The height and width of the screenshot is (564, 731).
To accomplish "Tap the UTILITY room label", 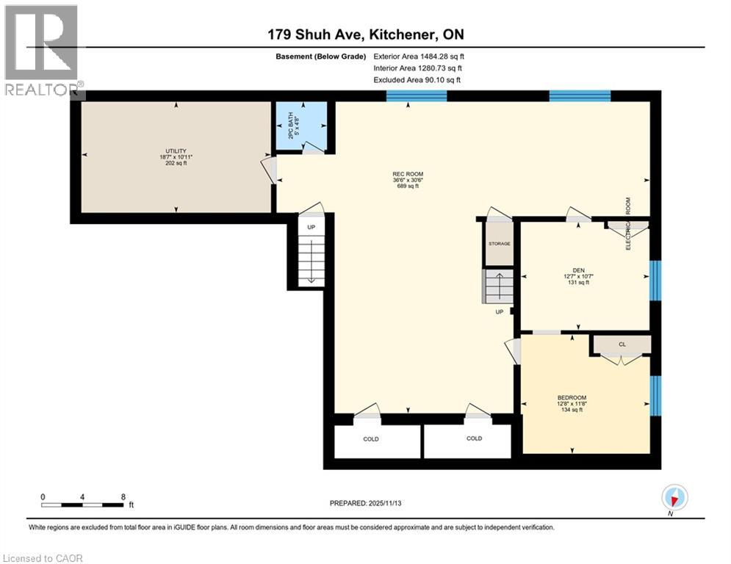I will click(x=176, y=156).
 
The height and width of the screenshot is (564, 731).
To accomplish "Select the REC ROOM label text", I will click(x=408, y=180).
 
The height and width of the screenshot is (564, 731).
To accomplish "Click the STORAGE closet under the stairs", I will click(x=500, y=244).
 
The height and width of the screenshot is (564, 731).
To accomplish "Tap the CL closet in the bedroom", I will click(x=622, y=344).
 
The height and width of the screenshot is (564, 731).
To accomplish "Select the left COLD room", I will click(x=371, y=439).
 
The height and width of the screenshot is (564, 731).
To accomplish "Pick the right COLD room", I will click(x=474, y=439).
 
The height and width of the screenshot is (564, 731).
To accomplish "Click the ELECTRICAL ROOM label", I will click(x=628, y=224).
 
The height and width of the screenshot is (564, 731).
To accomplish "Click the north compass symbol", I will click(x=674, y=499).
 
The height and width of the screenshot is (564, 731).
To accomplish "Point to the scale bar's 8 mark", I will click(x=123, y=497).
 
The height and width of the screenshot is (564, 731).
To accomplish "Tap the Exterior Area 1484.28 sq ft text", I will click(x=419, y=56).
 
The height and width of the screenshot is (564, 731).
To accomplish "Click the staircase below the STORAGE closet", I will click(x=498, y=286).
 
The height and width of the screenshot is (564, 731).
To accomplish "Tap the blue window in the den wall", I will click(x=655, y=281).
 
